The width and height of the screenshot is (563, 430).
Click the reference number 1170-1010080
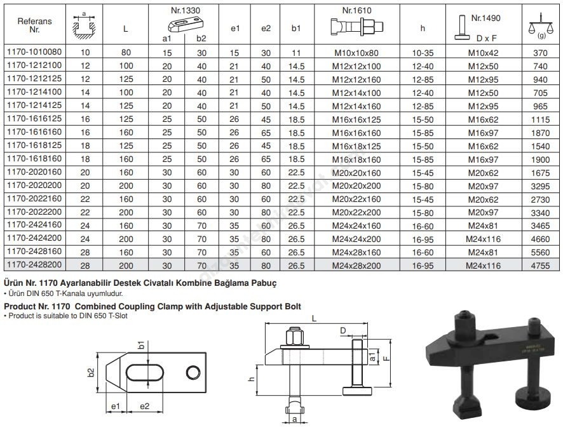pyautogui.click(x=34, y=51)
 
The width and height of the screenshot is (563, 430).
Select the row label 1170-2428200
pyautogui.click(x=34, y=264)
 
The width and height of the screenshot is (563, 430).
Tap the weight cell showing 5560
pyautogui.click(x=540, y=252)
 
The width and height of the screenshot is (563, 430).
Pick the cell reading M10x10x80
pyautogui.click(x=356, y=53)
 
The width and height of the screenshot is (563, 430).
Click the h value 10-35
pyautogui.click(x=423, y=53)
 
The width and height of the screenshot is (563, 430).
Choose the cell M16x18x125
pyautogui.click(x=356, y=146)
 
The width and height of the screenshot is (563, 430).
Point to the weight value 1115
pyautogui.click(x=540, y=119)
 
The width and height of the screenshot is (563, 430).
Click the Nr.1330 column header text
pyautogui.click(x=186, y=11)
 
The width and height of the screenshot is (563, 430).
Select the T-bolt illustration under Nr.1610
pyautogui.click(x=357, y=26)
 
